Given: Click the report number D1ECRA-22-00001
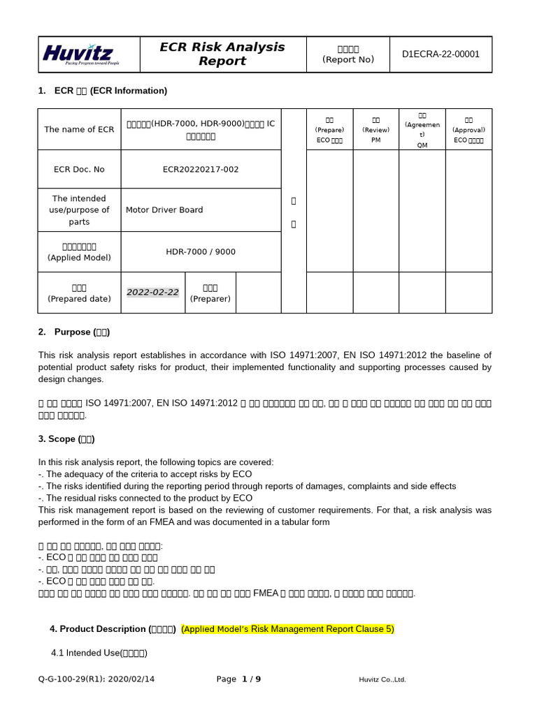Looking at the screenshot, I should (441, 54).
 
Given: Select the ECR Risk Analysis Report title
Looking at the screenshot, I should (222, 54).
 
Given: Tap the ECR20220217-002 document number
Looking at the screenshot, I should (201, 169).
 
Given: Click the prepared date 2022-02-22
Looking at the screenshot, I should (152, 293).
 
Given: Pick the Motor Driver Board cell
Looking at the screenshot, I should (164, 209).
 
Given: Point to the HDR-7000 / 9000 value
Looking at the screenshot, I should (201, 251).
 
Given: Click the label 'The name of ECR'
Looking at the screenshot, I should (79, 129).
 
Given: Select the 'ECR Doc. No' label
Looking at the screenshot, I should (79, 169).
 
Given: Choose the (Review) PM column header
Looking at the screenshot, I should (375, 130).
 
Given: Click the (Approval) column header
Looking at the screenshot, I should (468, 130).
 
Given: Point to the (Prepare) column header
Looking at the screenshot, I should (329, 130).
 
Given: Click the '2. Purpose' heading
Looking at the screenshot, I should (73, 332).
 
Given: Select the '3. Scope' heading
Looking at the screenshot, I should (66, 439).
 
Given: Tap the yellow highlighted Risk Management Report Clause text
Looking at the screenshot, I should (287, 629).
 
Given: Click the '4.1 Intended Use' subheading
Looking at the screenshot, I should (99, 654).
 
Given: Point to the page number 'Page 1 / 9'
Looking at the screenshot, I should (238, 679).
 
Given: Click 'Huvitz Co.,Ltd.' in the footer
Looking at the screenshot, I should (382, 679).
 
